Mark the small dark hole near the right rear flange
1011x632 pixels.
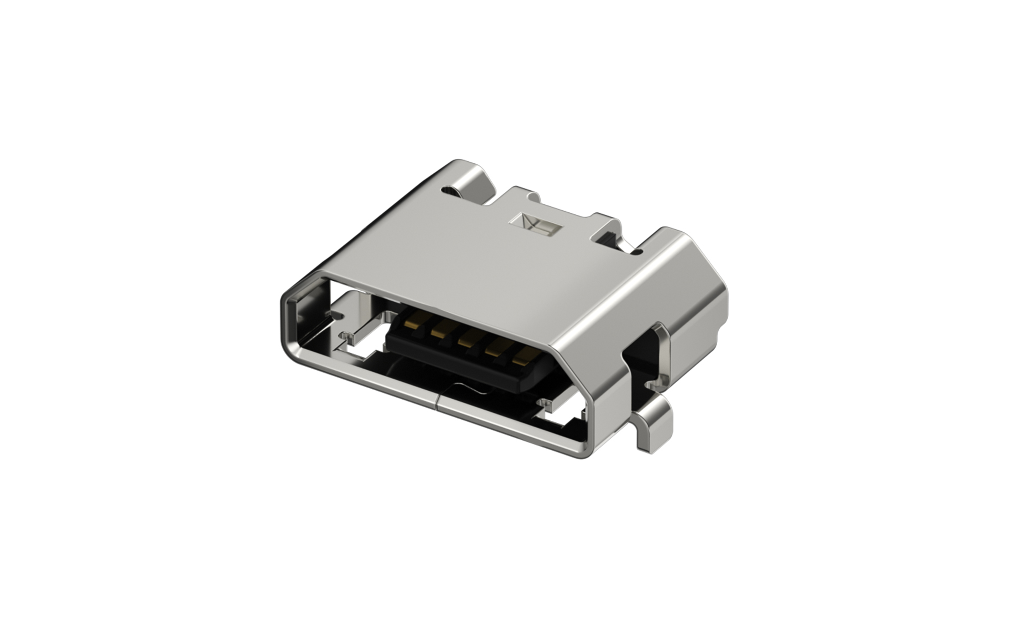click(639, 252)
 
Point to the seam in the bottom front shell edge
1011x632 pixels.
click(437, 403)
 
